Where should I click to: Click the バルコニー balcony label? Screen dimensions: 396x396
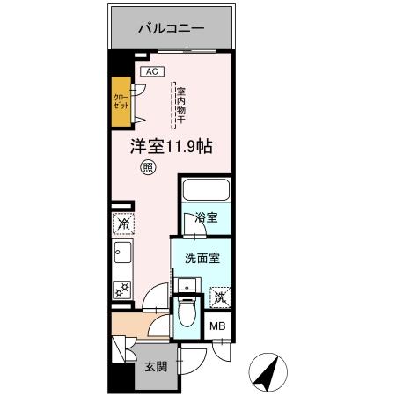pos(171,28)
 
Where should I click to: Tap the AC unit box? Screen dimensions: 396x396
pos(150,70)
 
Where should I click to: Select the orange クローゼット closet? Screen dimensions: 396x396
pos(121,98)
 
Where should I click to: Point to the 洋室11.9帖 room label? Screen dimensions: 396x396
pos(165,147)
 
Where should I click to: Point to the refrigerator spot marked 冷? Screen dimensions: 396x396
pos(121,224)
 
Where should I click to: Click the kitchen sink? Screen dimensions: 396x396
pos(121,256)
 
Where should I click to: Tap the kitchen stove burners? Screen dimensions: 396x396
pos(121,289)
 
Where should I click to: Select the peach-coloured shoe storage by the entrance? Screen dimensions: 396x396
pos(130,332)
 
